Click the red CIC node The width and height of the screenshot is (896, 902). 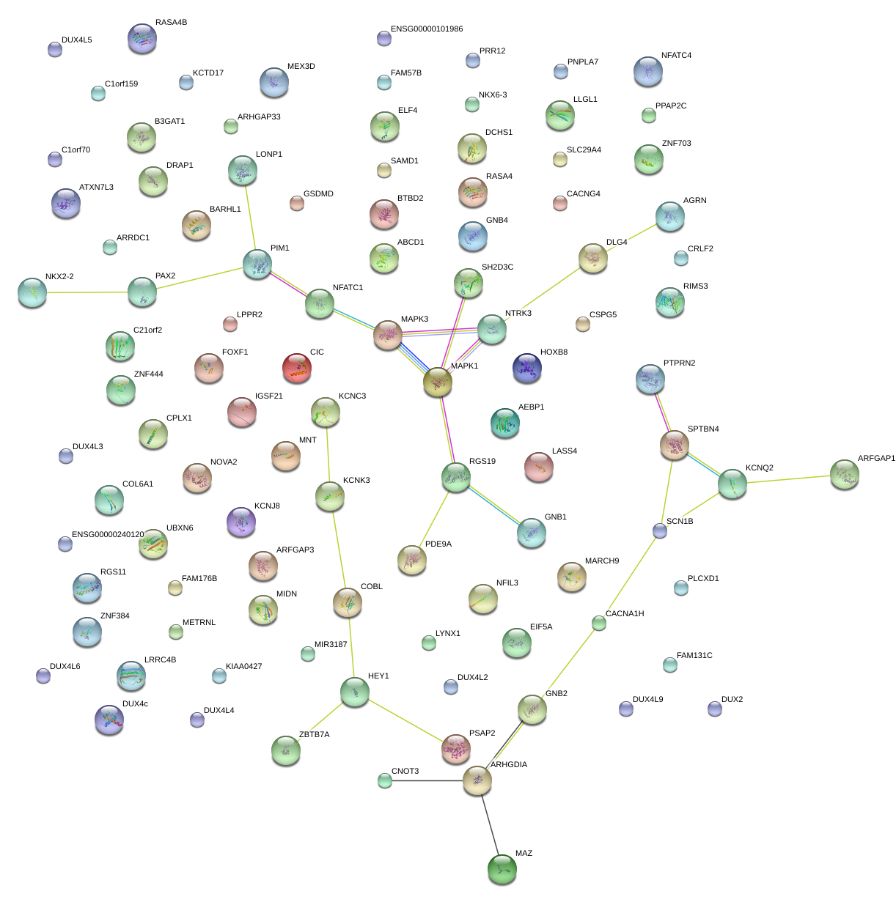coord(296,368)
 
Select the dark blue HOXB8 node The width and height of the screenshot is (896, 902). coord(526,368)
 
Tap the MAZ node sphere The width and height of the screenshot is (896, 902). coord(502,869)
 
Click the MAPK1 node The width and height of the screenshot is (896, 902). coord(437,382)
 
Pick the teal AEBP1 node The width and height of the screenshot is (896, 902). coord(504,423)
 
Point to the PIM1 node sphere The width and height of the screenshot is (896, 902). coord(257,264)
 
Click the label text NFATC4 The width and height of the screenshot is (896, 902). coord(676,56)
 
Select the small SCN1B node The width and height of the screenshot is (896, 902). coord(660,531)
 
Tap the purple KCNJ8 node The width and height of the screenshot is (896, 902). coord(240,522)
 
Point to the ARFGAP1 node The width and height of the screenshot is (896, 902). coord(844,475)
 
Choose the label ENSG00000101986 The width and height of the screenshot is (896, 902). coord(427,29)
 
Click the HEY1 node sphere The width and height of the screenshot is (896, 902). coord(355,691)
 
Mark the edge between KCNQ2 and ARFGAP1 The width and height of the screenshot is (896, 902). coord(788,479)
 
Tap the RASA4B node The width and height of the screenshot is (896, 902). coord(142,38)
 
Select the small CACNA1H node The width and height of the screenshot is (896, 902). coord(599,624)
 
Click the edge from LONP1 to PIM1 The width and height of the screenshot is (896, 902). coord(249,217)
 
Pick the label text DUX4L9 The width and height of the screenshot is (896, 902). coord(647,700)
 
